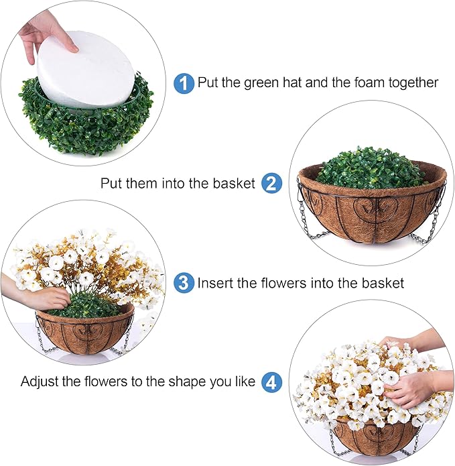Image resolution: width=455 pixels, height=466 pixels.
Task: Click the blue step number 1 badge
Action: point(184,83)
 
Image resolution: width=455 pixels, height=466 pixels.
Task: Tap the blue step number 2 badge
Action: point(271,183)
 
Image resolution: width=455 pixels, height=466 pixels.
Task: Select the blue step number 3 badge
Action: point(184,283)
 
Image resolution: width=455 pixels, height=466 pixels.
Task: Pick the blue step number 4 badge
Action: point(271,382)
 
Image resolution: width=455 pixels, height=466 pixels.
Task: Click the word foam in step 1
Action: point(370,82)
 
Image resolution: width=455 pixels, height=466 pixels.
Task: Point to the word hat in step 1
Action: point(292,82)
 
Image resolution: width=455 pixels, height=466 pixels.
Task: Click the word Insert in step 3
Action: point(215,283)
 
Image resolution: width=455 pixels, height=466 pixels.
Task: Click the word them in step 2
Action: point(142,183)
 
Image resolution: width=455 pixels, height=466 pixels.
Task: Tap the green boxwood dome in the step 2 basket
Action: point(370,168)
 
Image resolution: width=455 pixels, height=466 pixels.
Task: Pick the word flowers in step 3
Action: point(283,283)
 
